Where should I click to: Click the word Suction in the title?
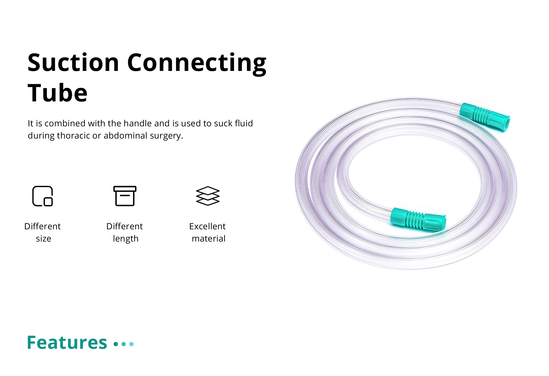coord(73,63)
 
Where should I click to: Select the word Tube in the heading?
coord(57,93)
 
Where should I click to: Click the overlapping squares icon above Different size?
coord(42,196)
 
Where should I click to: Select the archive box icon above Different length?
coord(125,196)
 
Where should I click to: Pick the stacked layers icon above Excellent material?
coord(208,196)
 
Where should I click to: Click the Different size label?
coord(42,232)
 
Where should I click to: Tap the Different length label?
coord(125,232)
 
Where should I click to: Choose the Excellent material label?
coord(208,232)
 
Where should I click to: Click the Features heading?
coord(67,342)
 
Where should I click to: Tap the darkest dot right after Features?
coord(116,344)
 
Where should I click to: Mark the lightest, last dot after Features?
coord(131,344)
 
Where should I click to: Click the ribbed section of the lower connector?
coord(415,219)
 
